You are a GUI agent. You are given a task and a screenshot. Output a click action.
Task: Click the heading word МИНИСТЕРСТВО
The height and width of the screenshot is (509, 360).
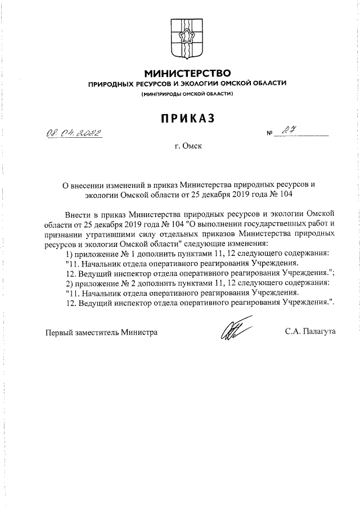point(187,73)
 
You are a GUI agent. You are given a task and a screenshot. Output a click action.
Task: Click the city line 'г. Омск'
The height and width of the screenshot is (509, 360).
point(187,147)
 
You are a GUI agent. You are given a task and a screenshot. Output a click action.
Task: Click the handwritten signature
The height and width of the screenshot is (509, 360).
point(232,330)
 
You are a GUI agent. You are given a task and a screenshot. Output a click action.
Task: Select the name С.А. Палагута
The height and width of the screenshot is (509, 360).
point(310,332)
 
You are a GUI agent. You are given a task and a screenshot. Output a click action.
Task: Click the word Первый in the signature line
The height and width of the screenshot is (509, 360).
point(59,332)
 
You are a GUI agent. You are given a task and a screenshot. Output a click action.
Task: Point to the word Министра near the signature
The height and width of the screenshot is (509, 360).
point(140,332)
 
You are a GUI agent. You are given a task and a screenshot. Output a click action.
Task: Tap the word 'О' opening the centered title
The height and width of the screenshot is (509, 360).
point(64,184)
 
